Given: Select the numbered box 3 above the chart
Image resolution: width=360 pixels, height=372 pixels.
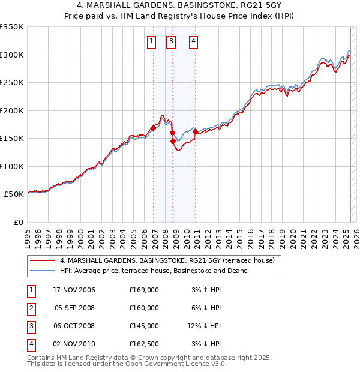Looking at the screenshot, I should (x=172, y=41).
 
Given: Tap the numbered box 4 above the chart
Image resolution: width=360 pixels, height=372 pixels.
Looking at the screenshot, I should (x=194, y=41).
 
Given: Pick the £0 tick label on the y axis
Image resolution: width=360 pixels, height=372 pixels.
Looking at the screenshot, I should (x=18, y=222).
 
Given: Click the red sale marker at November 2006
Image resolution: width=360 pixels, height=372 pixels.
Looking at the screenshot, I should (x=154, y=128).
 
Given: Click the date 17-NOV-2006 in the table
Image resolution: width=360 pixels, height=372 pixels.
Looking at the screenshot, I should (x=74, y=290).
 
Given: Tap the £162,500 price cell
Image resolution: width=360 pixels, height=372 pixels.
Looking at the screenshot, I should (x=144, y=344).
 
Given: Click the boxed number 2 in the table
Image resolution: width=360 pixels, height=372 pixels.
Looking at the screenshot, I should (x=31, y=308).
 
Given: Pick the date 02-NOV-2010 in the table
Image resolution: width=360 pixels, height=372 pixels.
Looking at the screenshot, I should (x=74, y=344).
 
